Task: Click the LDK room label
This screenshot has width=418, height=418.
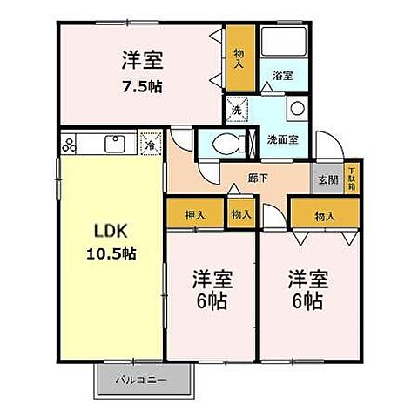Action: tap(111, 233)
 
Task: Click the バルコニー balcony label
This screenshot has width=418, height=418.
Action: tap(143, 380)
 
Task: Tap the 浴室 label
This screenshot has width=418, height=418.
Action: tap(282, 76)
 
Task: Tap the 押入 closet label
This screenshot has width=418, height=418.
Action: tap(194, 214)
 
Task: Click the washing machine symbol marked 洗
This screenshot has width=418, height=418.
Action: tap(235, 110)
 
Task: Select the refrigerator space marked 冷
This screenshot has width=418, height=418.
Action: tap(149, 145)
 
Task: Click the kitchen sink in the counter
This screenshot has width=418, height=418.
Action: tap(114, 143)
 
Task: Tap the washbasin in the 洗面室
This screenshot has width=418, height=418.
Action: tap(297, 110)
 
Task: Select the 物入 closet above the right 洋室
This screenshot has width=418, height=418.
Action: tap(322, 214)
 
